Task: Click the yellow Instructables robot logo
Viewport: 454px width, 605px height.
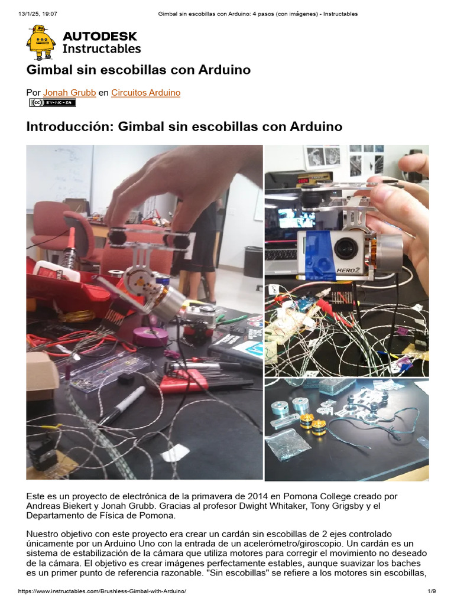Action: pyautogui.click(x=40, y=43)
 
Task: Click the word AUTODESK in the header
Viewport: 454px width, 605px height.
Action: pyautogui.click(x=102, y=36)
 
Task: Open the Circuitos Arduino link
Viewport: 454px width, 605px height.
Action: pyautogui.click(x=146, y=93)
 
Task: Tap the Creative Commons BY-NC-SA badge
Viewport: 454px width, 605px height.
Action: pyautogui.click(x=53, y=103)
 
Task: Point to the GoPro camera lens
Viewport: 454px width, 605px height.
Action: pyautogui.click(x=344, y=248)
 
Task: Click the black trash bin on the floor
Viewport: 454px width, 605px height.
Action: pyautogui.click(x=253, y=262)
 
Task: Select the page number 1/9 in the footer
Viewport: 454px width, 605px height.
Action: pyautogui.click(x=432, y=591)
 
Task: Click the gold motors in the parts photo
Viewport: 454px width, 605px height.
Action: pyautogui.click(x=312, y=424)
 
